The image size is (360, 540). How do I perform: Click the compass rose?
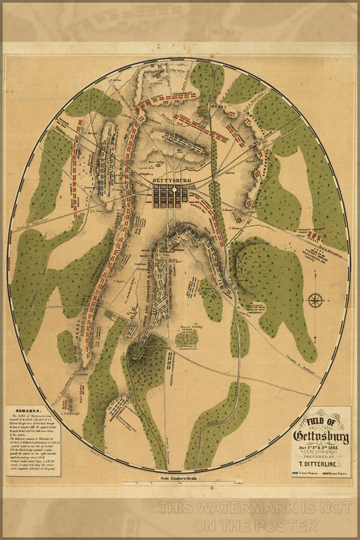(x=315, y=300)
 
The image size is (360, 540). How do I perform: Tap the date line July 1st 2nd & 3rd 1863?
(x=321, y=447)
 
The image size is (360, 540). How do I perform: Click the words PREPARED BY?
(x=321, y=455)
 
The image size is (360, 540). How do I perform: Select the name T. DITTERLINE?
(x=321, y=463)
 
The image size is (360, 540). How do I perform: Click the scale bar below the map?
(x=181, y=482)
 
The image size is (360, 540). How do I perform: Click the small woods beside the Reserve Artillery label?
(x=186, y=338)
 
